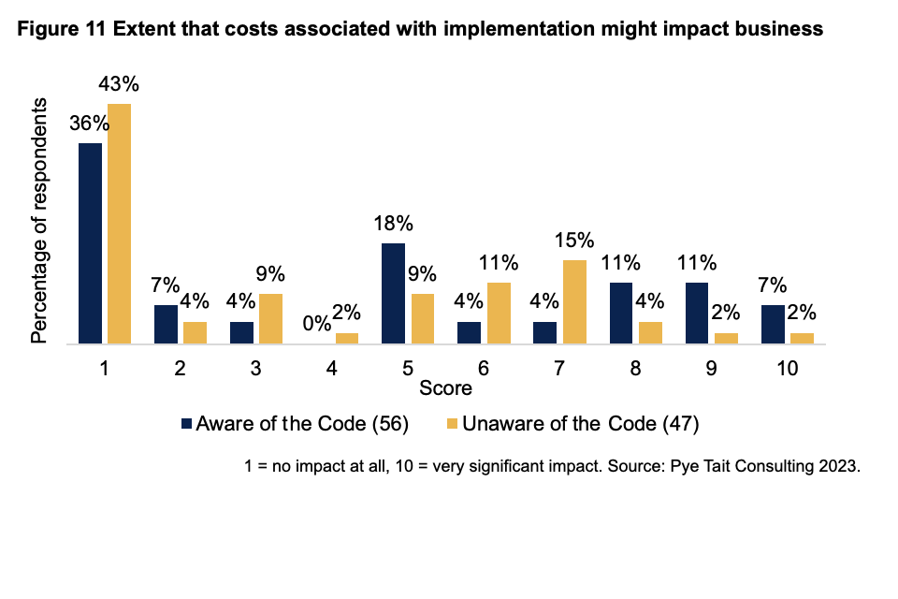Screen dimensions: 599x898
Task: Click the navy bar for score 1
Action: click(90, 243)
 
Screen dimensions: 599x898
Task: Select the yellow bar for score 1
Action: click(119, 224)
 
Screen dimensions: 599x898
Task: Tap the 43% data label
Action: click(119, 85)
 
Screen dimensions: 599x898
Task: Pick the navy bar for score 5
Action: click(394, 294)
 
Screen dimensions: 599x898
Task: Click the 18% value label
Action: click(393, 225)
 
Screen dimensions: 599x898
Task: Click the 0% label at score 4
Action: click(317, 324)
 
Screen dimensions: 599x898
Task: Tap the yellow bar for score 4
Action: click(347, 339)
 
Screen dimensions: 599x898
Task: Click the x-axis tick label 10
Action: click(788, 370)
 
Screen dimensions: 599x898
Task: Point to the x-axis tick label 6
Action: click(485, 370)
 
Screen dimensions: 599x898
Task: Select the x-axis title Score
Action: click(445, 387)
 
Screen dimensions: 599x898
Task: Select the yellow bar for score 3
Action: click(270, 319)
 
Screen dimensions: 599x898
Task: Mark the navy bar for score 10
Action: click(775, 325)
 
